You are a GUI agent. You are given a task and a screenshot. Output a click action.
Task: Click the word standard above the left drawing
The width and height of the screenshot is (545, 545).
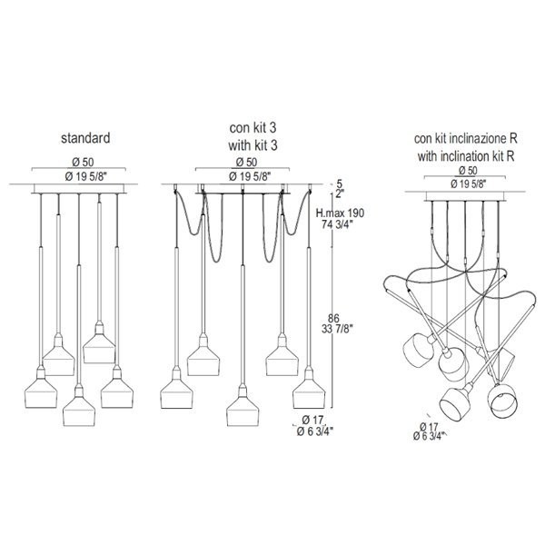click(85, 138)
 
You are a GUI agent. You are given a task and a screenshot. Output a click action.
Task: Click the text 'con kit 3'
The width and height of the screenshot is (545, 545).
click(253, 127)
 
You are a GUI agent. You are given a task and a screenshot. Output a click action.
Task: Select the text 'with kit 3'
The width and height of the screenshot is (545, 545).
click(253, 145)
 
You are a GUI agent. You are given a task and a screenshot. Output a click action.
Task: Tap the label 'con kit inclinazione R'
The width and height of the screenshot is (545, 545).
click(465, 139)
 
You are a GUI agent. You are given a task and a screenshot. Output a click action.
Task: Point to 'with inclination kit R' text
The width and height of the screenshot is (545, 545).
click(466, 156)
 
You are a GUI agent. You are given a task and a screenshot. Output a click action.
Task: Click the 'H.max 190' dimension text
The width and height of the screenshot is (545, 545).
click(340, 213)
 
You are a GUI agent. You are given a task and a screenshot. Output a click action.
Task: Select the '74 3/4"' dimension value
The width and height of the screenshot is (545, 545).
click(337, 224)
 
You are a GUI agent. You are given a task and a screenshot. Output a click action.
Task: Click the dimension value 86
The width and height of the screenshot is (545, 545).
click(333, 318)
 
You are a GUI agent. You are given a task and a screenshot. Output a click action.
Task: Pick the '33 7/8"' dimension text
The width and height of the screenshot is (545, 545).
click(337, 329)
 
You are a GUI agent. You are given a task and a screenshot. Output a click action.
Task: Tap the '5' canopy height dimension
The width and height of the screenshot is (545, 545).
click(340, 183)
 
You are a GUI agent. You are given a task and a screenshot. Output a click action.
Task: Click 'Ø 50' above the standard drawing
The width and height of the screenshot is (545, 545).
click(83, 162)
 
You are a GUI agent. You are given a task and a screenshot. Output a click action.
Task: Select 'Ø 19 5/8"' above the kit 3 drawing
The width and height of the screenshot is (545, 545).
click(250, 177)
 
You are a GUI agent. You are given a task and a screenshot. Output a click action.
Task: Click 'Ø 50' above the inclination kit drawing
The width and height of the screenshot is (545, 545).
click(468, 171)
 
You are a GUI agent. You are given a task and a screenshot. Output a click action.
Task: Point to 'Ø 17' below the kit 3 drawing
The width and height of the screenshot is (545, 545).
click(312, 420)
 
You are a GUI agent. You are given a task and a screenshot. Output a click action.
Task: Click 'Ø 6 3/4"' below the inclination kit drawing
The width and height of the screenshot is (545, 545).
click(429, 436)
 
